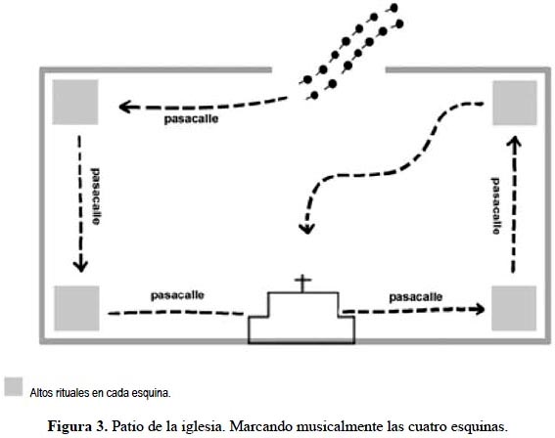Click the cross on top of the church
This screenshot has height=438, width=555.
pos(302,284)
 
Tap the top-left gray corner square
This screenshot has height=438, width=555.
pos(75,102)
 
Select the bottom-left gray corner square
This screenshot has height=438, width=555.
pos(76,308)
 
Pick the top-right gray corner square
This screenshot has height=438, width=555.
pos(515,103)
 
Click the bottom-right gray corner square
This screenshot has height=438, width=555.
pos(514,309)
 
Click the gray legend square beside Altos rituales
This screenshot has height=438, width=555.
pos(14,386)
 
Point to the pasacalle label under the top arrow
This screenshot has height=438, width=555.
pos(191,119)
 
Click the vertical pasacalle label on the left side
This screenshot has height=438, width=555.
pos(95,197)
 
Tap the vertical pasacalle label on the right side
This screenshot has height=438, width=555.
pos(496,205)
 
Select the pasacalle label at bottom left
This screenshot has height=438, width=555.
pos(177,295)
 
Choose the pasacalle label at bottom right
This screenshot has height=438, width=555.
pos(416,297)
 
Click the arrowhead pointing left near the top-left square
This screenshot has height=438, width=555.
pos(124,107)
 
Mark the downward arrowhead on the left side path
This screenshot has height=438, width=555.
pos(80,266)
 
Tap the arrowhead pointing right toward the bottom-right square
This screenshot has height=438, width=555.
pos(480,309)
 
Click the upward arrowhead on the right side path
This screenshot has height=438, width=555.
pos(514,142)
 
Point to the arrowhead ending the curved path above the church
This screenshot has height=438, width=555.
pos(306,229)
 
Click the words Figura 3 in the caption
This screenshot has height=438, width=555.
pos(77,426)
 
